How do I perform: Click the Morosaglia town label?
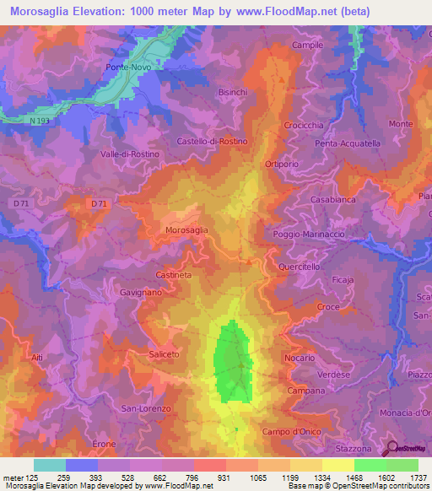186,229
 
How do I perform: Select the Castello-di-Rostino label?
212,141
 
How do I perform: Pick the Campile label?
307,45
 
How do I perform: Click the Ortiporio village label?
282,164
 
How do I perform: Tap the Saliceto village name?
164,354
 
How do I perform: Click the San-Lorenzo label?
146,408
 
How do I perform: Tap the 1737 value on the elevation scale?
414,478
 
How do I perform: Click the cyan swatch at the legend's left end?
50,465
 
